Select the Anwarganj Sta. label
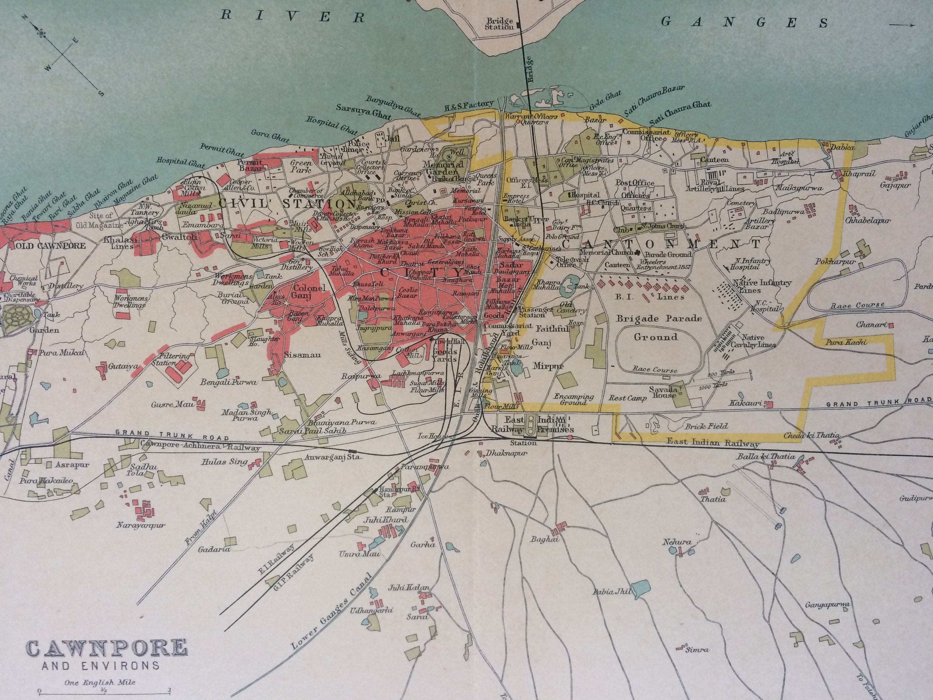pos(333,456)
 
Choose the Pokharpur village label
pos(835,262)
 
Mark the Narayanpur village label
pos(141,525)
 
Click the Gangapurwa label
pos(827,605)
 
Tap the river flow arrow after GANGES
pos(902,25)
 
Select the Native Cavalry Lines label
pos(759,341)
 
